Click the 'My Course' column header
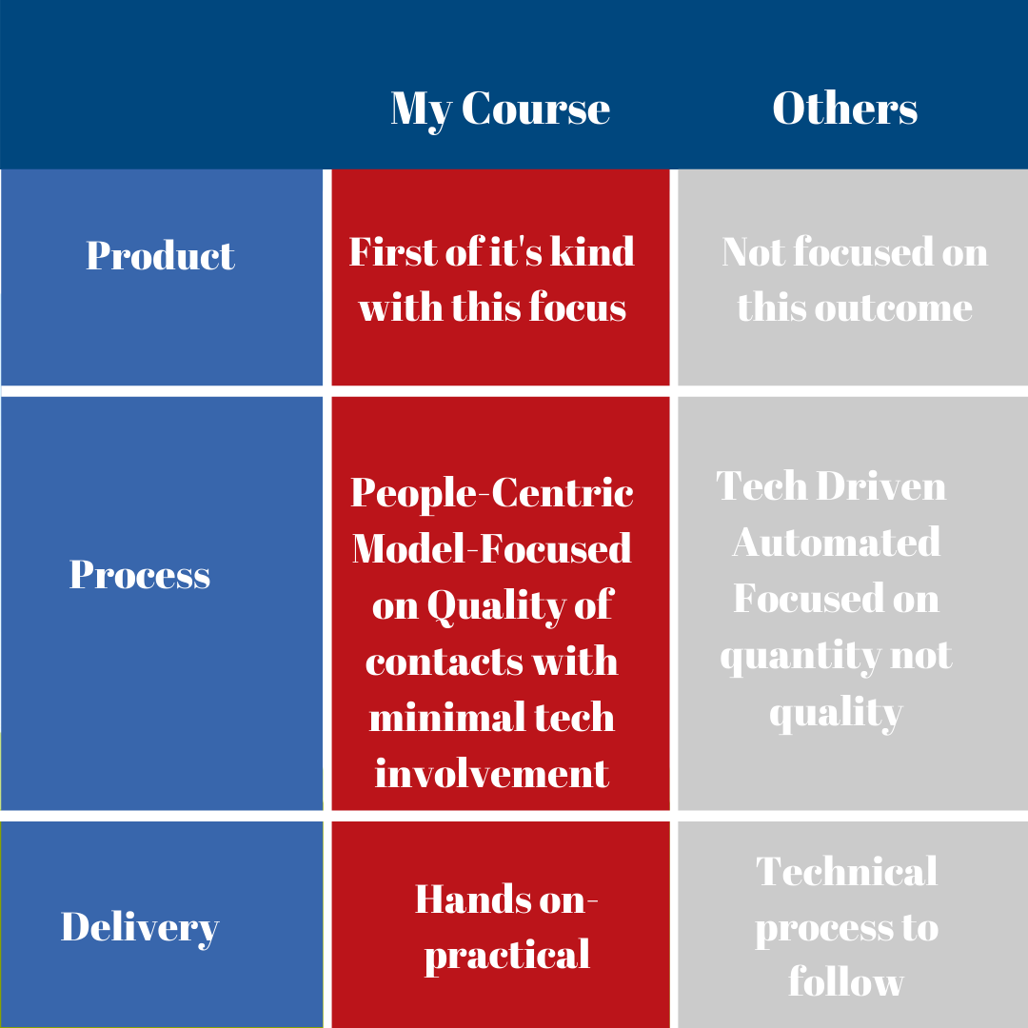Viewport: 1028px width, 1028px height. [501, 109]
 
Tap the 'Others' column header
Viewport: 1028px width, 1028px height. [845, 108]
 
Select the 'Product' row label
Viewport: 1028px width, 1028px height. [160, 255]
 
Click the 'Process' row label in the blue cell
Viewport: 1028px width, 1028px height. [140, 574]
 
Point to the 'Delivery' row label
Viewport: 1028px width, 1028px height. [140, 928]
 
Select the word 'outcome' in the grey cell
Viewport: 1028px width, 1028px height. [893, 308]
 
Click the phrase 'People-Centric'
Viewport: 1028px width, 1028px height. [492, 493]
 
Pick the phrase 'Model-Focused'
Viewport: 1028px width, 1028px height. [492, 548]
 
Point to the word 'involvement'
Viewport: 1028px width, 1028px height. [492, 774]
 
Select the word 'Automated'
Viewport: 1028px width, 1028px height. [836, 543]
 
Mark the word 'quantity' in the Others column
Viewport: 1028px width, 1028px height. [801, 656]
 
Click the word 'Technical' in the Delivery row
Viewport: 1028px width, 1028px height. [846, 871]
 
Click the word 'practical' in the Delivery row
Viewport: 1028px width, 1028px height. [506, 956]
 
